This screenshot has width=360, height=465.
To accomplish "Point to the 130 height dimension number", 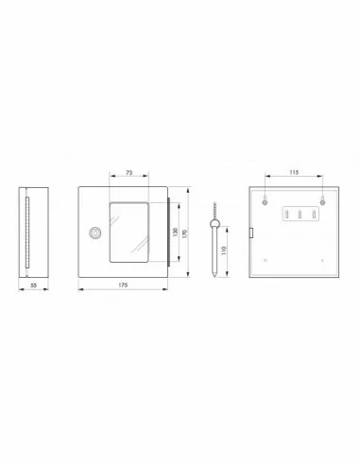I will [x=175, y=231].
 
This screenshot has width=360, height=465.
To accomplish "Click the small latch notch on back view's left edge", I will [x=250, y=232].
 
